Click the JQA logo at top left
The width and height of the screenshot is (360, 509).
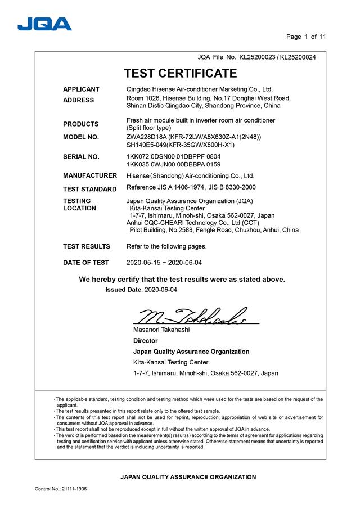(x=44, y=24)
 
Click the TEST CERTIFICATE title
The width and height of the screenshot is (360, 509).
(x=180, y=73)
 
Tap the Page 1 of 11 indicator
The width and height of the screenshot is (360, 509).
(x=306, y=37)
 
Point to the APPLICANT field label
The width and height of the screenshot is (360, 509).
(x=81, y=89)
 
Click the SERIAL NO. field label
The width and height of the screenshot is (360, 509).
(x=81, y=157)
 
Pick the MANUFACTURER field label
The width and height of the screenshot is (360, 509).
(x=90, y=176)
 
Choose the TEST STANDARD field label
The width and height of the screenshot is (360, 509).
(x=90, y=189)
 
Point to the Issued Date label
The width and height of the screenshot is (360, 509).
(x=124, y=290)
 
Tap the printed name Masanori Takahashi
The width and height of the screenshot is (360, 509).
(x=161, y=330)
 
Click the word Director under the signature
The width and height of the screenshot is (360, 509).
(x=145, y=341)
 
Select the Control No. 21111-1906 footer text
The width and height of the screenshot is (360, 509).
(x=61, y=489)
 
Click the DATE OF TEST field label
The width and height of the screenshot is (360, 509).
(x=86, y=263)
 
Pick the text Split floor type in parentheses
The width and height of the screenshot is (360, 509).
(x=148, y=128)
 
